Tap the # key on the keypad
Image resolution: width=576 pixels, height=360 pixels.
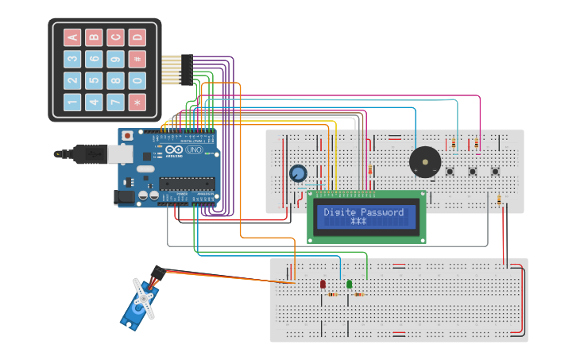pos(137,59)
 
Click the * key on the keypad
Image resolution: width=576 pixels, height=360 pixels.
pos(137,103)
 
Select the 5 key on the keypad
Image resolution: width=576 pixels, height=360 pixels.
pos(94,81)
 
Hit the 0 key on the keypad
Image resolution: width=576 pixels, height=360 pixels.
pos(137,81)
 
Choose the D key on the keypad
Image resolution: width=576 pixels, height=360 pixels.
pos(137,37)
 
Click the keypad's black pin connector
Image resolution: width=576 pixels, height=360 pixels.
pos(186,70)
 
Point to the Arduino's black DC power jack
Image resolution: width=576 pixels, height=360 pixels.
pos(126,195)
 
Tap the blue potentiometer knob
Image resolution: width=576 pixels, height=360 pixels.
pos(298,173)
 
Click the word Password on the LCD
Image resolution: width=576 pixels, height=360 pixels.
pos(383,212)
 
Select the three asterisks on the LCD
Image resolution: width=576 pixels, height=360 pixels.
pos(358,222)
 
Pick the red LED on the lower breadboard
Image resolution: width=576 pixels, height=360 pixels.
pos(323,285)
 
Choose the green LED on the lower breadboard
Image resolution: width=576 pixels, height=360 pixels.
pos(349,284)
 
